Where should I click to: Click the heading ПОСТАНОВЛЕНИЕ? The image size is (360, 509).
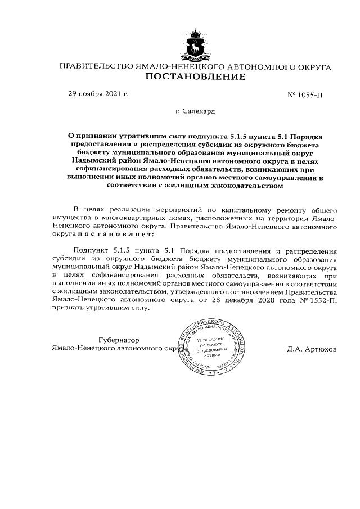click(x=195, y=77)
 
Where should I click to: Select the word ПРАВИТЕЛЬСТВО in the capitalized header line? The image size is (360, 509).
click(x=96, y=67)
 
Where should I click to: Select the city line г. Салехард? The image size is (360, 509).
click(x=195, y=111)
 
